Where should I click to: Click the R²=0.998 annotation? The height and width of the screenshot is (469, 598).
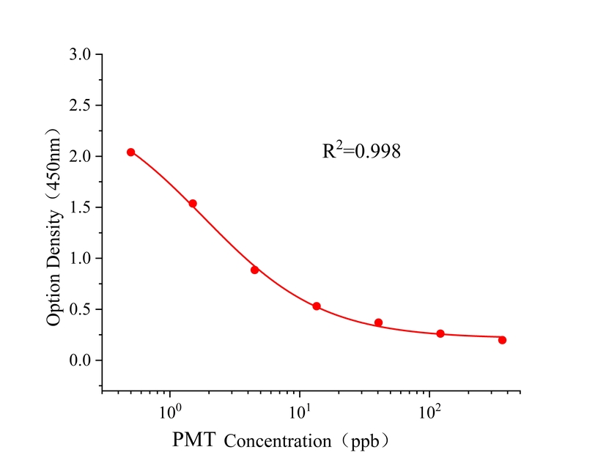coord(361,152)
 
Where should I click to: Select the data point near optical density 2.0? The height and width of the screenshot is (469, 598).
coord(131,152)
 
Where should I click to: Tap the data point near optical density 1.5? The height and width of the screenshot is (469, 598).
coord(193,204)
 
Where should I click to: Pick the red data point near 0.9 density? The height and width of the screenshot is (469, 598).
coord(254,270)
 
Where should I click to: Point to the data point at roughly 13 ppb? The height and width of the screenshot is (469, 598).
coord(317,306)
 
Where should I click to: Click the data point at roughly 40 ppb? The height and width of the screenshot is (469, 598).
coord(378,322)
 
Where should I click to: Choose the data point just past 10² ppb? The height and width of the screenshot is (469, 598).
coord(440,333)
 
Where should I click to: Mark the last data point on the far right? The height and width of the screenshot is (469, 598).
coord(502,340)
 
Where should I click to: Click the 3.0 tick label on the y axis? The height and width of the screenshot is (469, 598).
coord(81,54)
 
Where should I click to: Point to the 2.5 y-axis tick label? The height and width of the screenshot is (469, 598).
coord(81,106)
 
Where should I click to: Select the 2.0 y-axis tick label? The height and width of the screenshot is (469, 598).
coord(81,156)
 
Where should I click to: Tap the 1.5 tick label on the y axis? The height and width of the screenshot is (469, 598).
coord(81,207)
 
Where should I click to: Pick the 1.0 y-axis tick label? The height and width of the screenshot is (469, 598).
coord(81,258)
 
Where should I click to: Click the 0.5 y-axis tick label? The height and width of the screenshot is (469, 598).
coord(81,309)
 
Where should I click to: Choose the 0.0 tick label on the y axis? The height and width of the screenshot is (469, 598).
coord(81,361)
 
